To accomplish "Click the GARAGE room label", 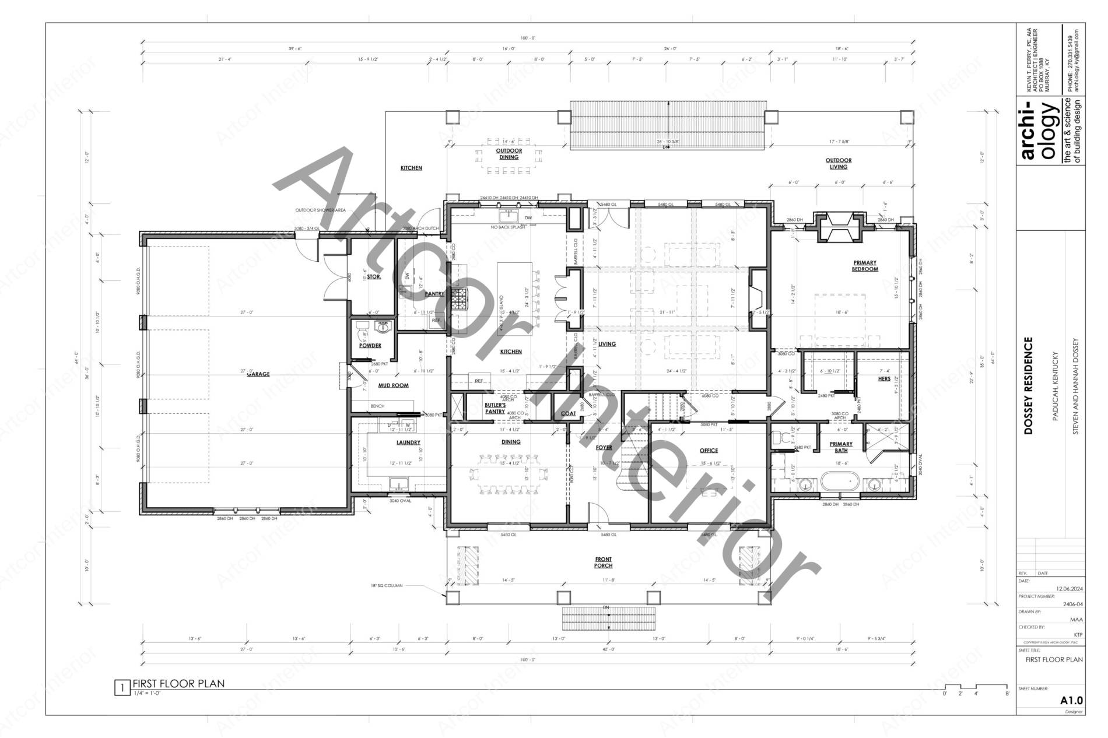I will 258,374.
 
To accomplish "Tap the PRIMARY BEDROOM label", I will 864,266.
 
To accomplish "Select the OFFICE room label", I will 709,450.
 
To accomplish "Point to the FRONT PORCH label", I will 603,563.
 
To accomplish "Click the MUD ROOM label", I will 393,385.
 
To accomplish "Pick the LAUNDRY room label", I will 408,442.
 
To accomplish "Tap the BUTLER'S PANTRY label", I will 495,408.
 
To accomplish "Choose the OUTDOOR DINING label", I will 509,154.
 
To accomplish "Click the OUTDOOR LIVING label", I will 839,163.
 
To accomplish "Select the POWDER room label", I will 370,346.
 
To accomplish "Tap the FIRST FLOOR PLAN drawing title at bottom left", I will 178,684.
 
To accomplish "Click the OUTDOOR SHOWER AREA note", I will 320,210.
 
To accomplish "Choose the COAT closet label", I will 568,413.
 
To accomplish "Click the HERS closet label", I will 884,379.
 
